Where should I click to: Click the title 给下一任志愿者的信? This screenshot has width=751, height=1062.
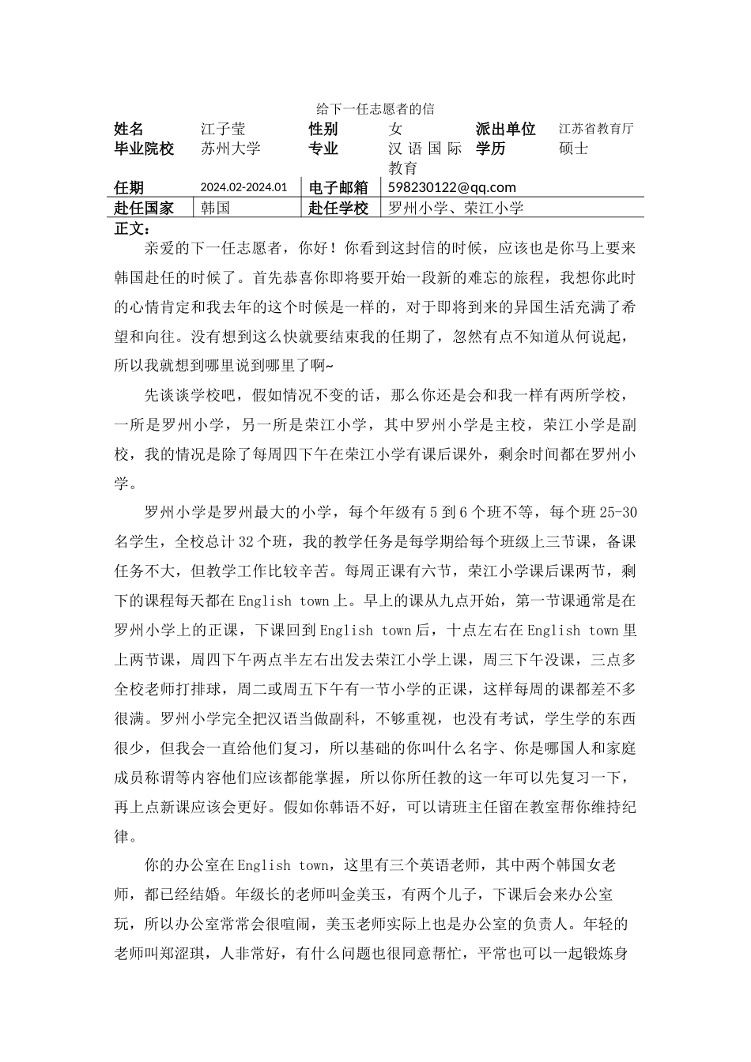375,108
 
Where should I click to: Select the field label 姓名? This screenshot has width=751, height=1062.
129,129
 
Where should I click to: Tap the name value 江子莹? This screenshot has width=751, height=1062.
223,129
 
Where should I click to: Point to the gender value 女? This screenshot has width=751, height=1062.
395,129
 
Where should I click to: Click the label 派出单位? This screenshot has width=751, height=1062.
506,129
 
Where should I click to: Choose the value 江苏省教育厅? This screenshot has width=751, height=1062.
596,129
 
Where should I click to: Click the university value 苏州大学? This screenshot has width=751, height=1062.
230,148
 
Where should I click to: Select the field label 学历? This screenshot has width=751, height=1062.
491,148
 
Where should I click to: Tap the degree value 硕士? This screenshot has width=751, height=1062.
573,148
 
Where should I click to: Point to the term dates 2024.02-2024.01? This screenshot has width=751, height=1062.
243,187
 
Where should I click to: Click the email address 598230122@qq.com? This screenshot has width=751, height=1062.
451,187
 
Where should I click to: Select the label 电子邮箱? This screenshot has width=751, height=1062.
338,187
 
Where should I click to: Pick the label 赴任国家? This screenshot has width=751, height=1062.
144,208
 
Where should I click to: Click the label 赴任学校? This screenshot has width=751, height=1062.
338,208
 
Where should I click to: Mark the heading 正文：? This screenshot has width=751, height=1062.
132,228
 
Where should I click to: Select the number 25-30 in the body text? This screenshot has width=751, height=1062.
618,513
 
